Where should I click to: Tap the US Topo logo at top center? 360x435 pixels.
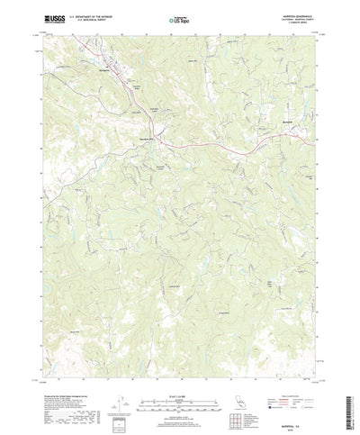coord(180,17)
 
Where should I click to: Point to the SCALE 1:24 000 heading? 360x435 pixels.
coord(180,389)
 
